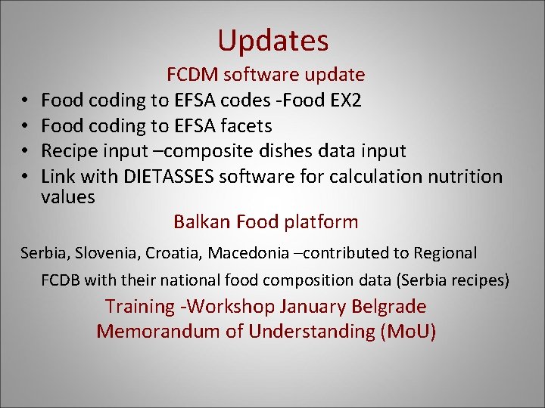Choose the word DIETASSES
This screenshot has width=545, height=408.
[x=168, y=176]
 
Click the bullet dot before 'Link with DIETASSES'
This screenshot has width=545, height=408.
[x=25, y=177]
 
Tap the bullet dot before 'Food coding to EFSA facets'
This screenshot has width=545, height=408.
[x=25, y=125]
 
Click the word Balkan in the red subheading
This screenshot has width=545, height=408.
[x=202, y=221]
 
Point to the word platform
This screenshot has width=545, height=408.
[x=321, y=221]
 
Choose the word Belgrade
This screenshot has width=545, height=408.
[x=390, y=306]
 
